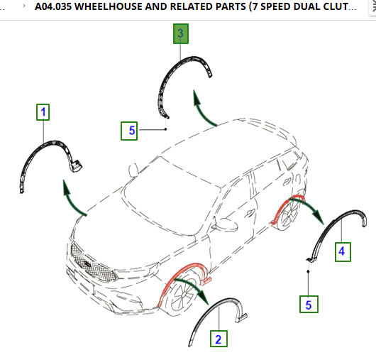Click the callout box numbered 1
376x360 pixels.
click(43, 112)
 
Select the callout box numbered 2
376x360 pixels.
click(219, 339)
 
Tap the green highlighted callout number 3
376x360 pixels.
click(181, 33)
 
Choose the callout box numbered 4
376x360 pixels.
click(343, 252)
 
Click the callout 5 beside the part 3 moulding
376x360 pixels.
click(129, 131)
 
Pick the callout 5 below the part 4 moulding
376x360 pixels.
click(309, 305)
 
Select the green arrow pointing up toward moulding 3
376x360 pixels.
click(201, 111)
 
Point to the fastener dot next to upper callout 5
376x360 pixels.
click(165, 129)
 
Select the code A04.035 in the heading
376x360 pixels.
click(53, 6)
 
